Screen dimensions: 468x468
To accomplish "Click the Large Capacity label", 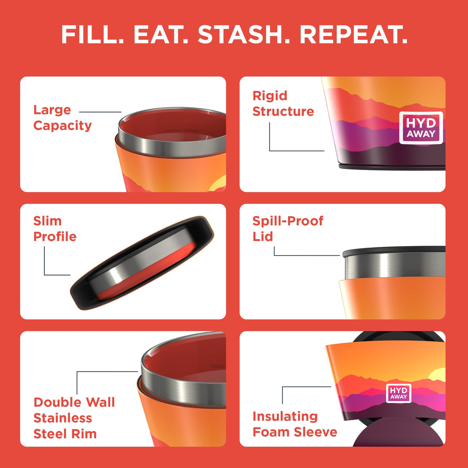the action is (62, 118).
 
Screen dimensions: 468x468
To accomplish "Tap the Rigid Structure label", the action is (283, 103).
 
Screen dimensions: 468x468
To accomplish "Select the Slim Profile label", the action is (55, 229).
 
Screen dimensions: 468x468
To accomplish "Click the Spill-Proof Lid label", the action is (288, 229).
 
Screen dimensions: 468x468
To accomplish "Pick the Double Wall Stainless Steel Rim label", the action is (74, 418).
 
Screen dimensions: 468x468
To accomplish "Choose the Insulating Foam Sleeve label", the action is (295, 424).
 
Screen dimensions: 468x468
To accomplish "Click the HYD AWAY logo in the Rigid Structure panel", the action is (421, 128).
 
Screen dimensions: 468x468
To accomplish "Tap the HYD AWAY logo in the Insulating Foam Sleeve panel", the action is (399, 393).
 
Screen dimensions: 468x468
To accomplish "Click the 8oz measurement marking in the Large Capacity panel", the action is (169, 130).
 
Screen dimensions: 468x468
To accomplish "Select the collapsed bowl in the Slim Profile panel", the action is (142, 262).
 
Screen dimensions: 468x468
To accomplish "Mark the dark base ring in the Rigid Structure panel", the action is (392, 167).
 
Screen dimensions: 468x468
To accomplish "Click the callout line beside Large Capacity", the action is (100, 112).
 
